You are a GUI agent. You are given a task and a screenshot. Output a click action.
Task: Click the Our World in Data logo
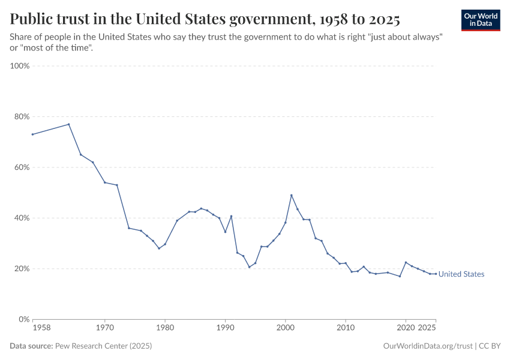(x=480, y=20)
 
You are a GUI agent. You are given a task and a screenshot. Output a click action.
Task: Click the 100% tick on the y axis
(x=20, y=66)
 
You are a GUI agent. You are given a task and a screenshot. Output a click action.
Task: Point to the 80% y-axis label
(x=21, y=116)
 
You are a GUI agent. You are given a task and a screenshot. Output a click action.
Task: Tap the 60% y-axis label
(x=21, y=167)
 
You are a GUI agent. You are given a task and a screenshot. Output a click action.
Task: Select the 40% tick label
(x=21, y=218)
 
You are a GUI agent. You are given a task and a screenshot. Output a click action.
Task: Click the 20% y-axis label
(x=21, y=269)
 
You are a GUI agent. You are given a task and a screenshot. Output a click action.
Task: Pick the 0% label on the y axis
(x=23, y=319)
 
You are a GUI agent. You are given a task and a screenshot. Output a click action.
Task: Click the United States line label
(x=461, y=274)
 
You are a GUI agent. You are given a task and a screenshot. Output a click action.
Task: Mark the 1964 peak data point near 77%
(x=69, y=124)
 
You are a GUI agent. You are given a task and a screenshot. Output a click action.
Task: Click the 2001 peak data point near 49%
(x=292, y=195)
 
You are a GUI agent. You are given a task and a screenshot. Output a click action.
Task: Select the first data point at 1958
(x=32, y=134)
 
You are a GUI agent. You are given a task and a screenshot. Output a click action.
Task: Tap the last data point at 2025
(x=436, y=274)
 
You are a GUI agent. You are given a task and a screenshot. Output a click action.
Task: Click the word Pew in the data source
(x=62, y=346)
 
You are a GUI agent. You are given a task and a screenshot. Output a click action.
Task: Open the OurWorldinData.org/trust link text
(x=427, y=346)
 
